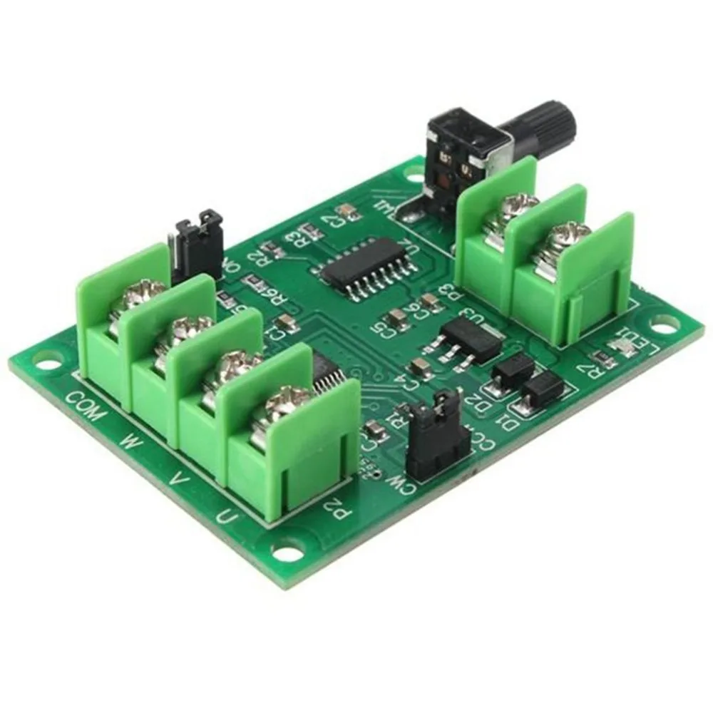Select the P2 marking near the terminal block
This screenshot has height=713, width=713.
click(x=332, y=508)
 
